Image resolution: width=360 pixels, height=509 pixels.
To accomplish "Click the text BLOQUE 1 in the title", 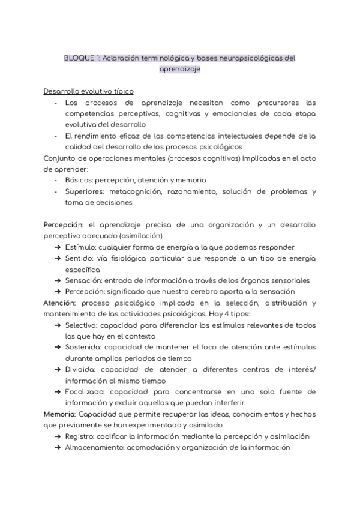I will tap(82, 58).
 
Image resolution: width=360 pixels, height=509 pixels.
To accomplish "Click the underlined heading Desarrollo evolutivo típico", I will tap(88, 91).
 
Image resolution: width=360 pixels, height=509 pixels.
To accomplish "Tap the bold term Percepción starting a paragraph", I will tap(62, 224).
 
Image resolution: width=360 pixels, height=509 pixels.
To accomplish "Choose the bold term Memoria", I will tap(59, 414).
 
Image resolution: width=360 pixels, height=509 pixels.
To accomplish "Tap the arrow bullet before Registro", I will tap(57, 436).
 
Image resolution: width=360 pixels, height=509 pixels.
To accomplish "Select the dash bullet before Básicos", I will tap(56, 180).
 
